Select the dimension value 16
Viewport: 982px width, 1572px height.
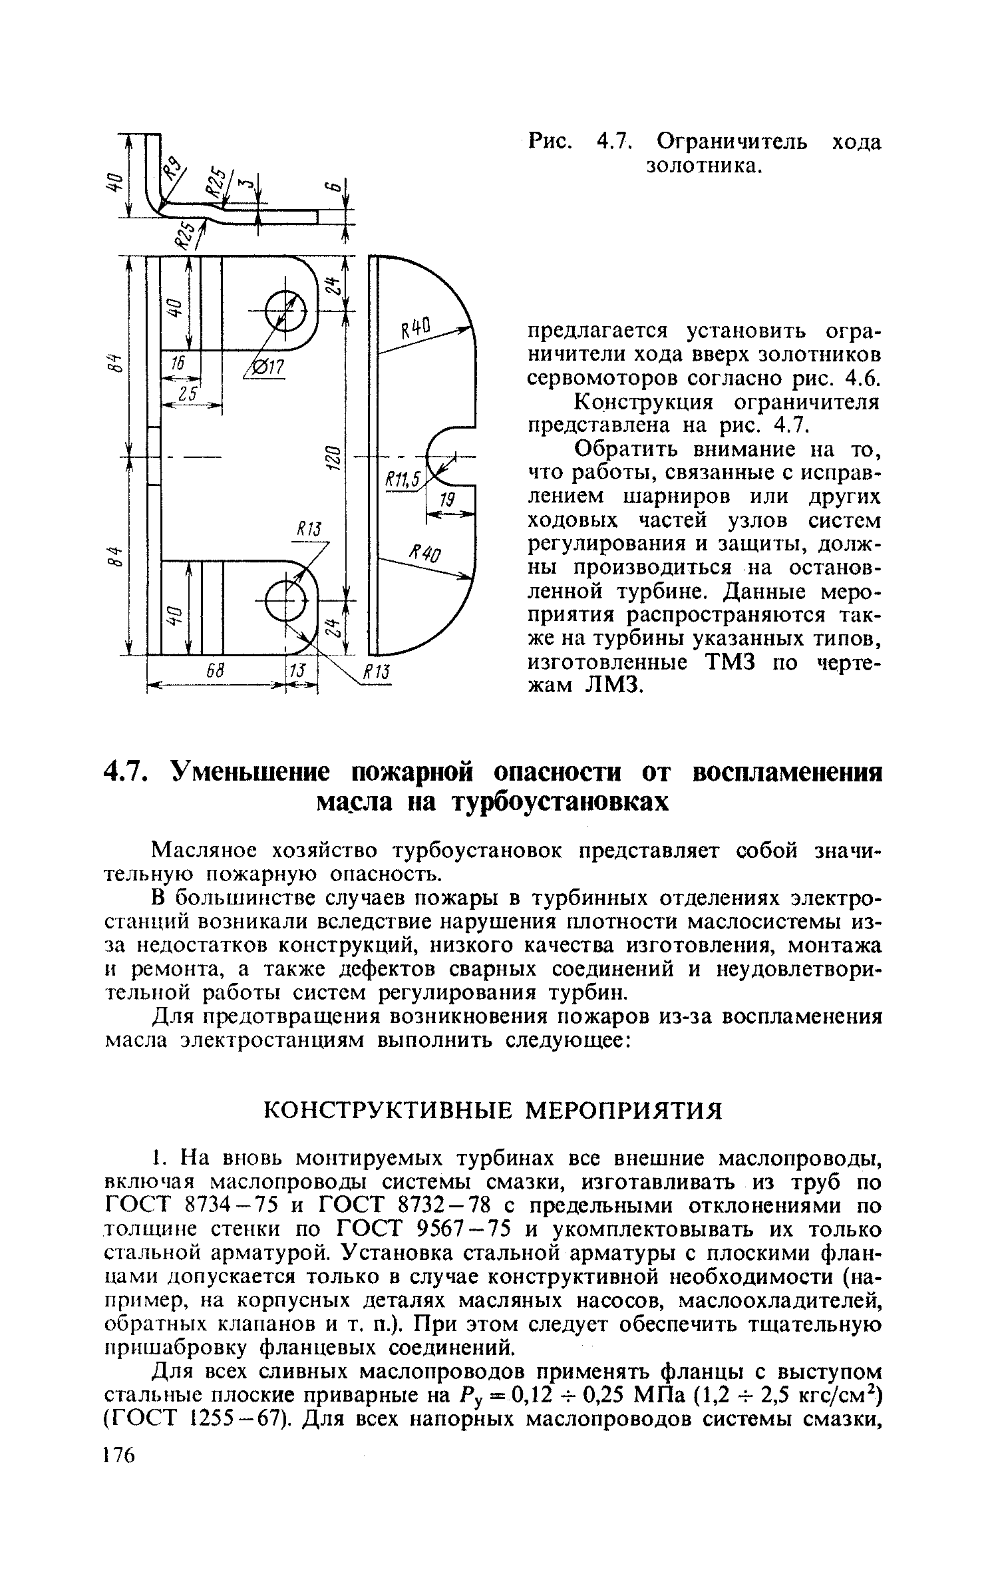[178, 363]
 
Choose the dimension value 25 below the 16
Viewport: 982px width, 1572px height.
[189, 394]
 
